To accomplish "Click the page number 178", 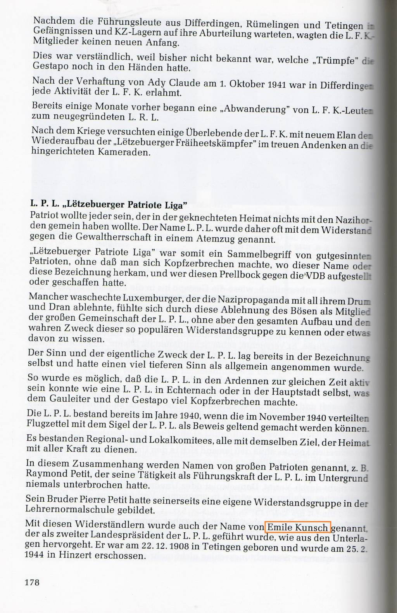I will [x=32, y=582].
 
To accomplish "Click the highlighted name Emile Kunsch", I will [x=298, y=527].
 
